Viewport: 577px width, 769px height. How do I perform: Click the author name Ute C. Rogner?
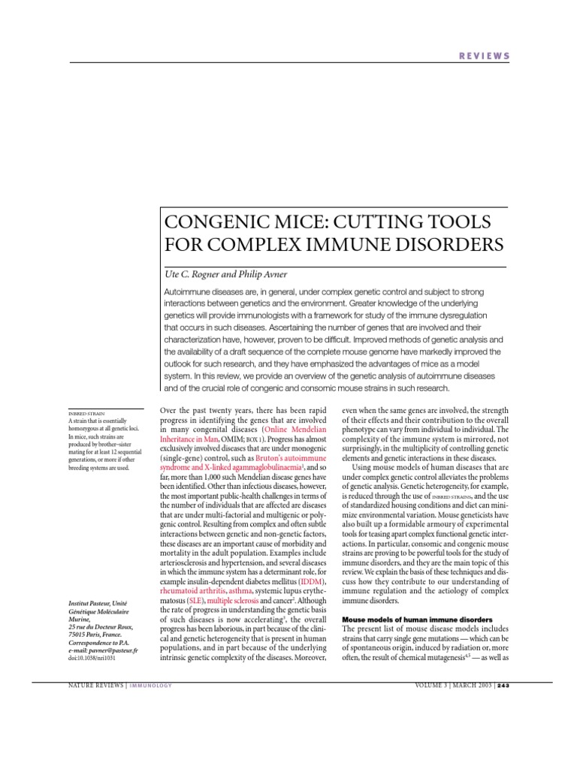click(197, 273)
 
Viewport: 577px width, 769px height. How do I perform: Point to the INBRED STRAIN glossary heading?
click(86, 412)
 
